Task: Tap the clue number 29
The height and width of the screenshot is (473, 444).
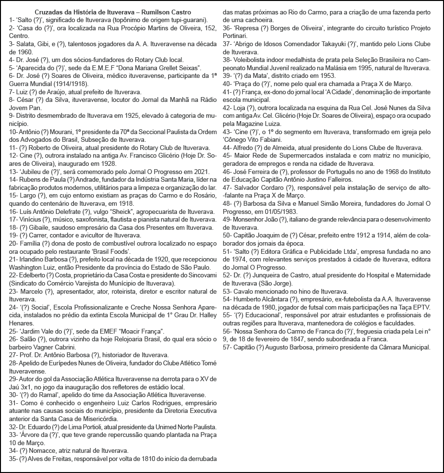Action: [x=13, y=379]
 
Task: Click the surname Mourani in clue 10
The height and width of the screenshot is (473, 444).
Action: [x=64, y=132]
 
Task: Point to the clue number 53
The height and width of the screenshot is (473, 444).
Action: [x=228, y=290]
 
